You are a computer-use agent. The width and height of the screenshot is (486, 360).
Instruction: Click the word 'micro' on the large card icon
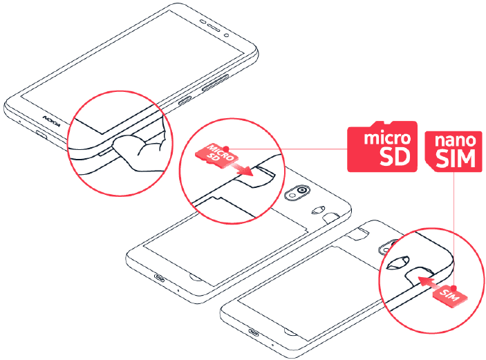tap(382, 136)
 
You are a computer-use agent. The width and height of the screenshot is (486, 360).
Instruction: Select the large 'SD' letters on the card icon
tap(396, 157)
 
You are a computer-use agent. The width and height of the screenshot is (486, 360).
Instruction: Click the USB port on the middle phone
tap(160, 278)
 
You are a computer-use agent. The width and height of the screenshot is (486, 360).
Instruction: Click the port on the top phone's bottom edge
tap(35, 133)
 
